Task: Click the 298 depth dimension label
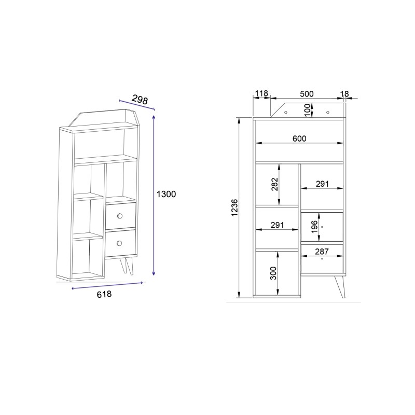(140, 100)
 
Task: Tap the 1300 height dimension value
(166, 194)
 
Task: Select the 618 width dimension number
(104, 294)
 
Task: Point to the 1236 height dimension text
(234, 208)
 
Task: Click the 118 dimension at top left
(261, 93)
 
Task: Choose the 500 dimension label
(307, 94)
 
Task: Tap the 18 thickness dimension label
(344, 94)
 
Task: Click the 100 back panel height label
(307, 110)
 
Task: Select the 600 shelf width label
(299, 139)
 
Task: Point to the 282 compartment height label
(275, 184)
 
